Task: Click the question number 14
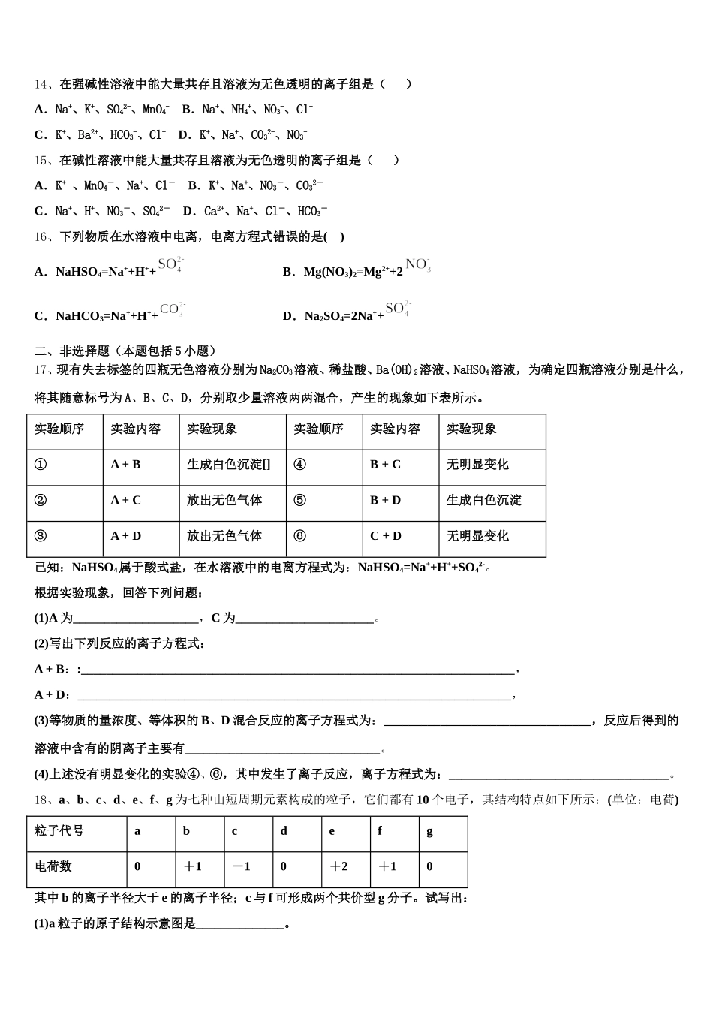41,84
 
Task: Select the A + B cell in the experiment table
125,465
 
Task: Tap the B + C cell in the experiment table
385,465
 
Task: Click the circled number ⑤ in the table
300,500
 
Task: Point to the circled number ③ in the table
41,536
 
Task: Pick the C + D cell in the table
386,536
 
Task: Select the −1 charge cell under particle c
241,866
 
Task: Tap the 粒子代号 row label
59,831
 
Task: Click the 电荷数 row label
53,866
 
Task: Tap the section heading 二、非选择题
125,351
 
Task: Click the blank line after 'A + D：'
293,695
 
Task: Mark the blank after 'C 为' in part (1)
305,619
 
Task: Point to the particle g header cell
430,831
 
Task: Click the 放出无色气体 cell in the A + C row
224,500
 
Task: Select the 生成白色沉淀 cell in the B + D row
484,500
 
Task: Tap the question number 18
41,800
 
